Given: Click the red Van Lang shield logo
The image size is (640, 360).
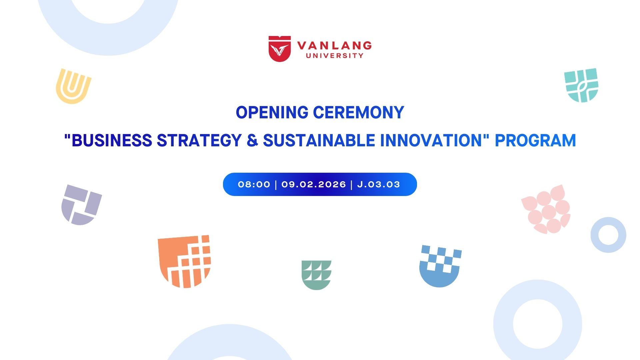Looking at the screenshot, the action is pos(280,49).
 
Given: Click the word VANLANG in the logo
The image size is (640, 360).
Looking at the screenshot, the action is pos(334,46).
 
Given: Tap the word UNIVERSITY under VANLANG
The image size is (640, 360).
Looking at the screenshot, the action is pos(335,56).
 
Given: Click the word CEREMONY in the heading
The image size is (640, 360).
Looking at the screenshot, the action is pos(359,112).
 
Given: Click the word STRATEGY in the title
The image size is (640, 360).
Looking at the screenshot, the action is pos(199,140).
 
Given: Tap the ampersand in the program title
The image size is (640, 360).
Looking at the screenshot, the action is pos(252,140).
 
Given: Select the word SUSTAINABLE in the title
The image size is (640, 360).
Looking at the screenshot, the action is pos(319,140).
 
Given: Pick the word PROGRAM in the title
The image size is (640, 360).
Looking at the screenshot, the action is pos(535,140).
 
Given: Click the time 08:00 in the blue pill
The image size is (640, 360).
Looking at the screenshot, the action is pos(254,184).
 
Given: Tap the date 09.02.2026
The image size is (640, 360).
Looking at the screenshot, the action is pos(314,184).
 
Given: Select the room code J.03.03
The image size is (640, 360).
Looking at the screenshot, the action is pos(378,184).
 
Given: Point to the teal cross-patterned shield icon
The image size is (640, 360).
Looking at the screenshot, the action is pos(581,85).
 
